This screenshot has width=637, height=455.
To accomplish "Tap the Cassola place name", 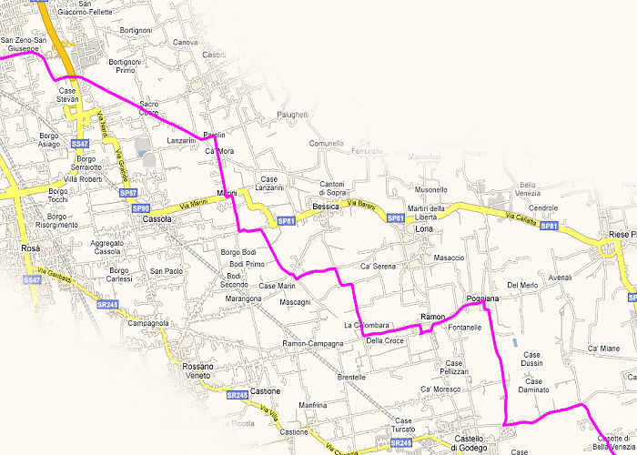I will (157, 219).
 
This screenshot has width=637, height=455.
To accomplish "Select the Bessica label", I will (325, 207).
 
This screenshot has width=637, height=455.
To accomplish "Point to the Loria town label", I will (424, 229).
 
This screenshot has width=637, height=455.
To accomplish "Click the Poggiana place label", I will (482, 298).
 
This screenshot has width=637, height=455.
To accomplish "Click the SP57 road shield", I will (128, 194).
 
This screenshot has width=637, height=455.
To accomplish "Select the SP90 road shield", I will (140, 208).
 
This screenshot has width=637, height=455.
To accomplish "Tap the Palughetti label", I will (293, 114).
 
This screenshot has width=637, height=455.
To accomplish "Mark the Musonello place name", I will (431, 189).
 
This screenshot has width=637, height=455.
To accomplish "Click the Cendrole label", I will (543, 207).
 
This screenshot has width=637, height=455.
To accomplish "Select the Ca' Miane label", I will (603, 349).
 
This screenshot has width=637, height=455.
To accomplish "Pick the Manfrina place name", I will (313, 404).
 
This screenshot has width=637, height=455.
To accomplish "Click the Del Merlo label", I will (523, 286).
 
